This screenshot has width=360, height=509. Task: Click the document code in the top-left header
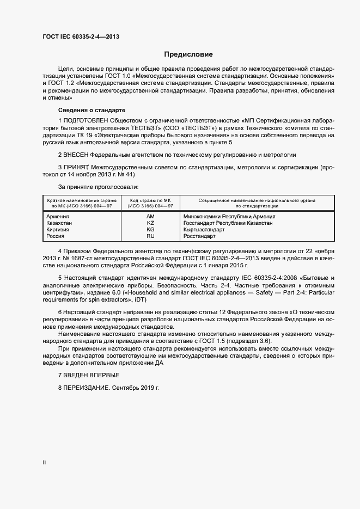click(x=81, y=37)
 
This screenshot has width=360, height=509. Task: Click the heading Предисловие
click(x=188, y=54)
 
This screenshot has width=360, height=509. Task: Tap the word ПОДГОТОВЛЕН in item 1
click(x=86, y=120)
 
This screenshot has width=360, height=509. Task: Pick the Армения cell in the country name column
click(x=58, y=216)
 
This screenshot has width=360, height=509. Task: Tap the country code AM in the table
click(x=150, y=216)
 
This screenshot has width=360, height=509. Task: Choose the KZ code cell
click(x=150, y=223)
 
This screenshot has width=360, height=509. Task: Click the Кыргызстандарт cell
click(x=209, y=230)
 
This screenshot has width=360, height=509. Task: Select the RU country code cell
click(x=150, y=236)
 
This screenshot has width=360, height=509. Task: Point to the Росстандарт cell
click(x=200, y=236)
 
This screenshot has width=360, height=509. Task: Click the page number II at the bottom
click(x=44, y=462)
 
